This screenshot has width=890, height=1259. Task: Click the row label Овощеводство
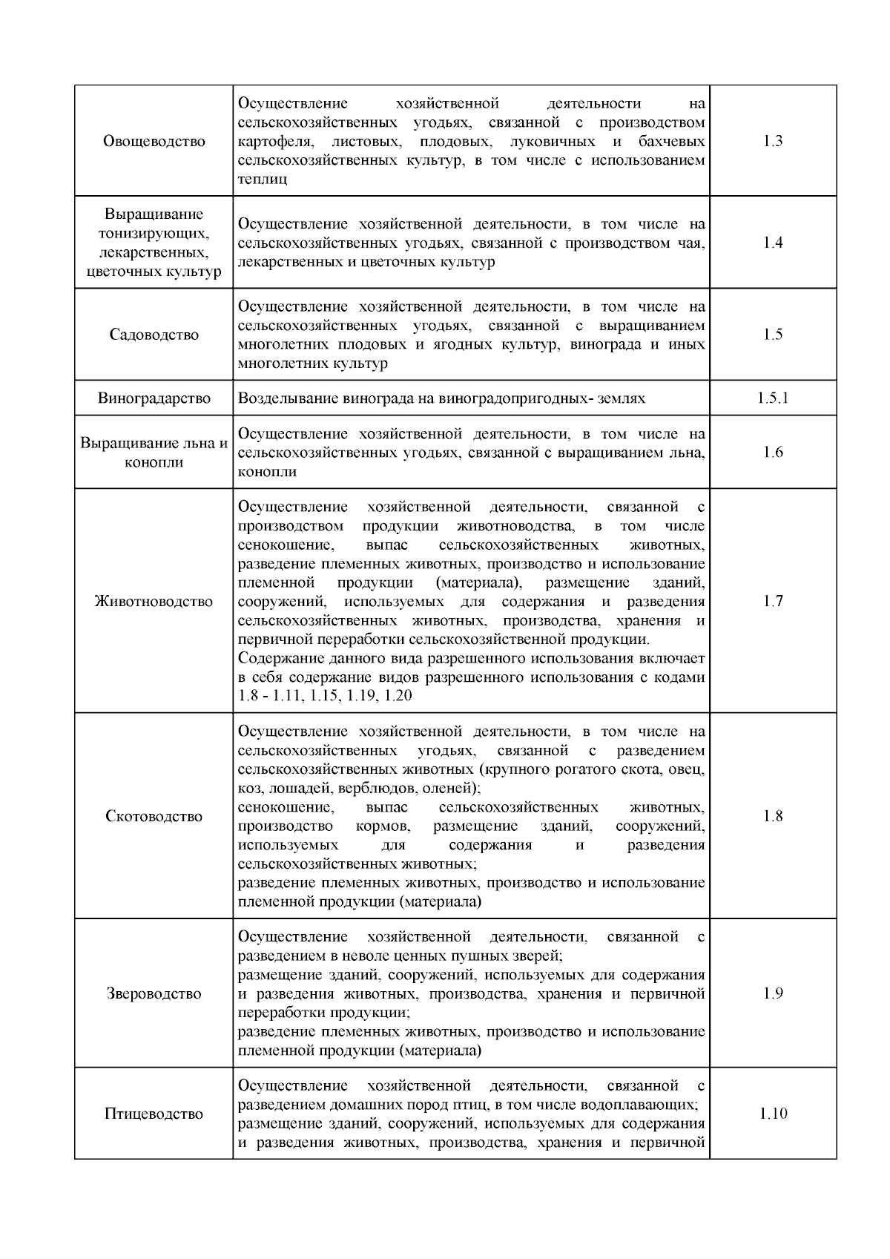click(x=154, y=141)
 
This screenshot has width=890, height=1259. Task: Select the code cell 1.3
click(x=773, y=141)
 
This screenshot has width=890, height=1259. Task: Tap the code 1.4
click(x=773, y=243)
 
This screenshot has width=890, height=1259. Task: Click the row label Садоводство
click(x=154, y=334)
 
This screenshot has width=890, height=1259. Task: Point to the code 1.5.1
click(x=773, y=398)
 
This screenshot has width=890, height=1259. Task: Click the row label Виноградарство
click(x=154, y=398)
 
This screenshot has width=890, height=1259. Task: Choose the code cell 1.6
click(x=773, y=453)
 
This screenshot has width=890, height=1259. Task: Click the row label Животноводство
click(x=154, y=602)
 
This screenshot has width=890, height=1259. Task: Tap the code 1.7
click(x=773, y=602)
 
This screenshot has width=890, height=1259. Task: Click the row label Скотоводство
click(x=154, y=817)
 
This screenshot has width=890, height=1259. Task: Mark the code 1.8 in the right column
click(x=773, y=817)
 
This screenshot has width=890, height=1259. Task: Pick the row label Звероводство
click(x=154, y=994)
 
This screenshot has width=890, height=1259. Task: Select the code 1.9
click(x=773, y=994)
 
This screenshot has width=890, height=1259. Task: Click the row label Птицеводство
click(x=154, y=1114)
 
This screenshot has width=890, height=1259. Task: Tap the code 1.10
click(x=773, y=1114)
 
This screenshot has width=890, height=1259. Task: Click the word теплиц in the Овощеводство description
click(x=263, y=180)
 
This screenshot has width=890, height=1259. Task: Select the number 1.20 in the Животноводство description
click(x=397, y=696)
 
